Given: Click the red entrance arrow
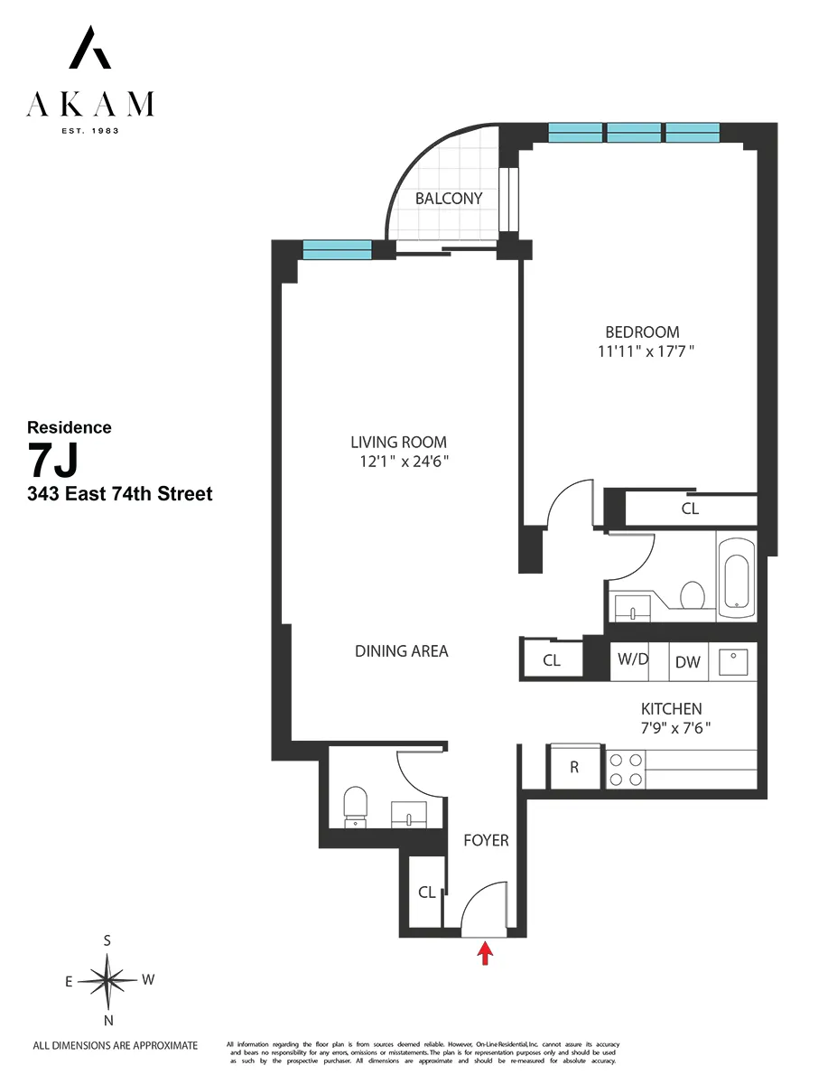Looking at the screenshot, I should pyautogui.click(x=486, y=953).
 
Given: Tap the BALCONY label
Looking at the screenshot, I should pyautogui.click(x=449, y=199).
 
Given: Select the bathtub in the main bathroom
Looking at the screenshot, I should pyautogui.click(x=738, y=577).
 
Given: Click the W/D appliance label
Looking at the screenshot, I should pyautogui.click(x=633, y=659).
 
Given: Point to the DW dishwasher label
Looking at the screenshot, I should pyautogui.click(x=688, y=662).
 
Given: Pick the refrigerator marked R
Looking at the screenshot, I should pyautogui.click(x=574, y=768).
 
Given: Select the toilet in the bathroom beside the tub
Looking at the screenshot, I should pyautogui.click(x=692, y=595).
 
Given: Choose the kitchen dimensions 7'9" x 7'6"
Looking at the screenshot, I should pyautogui.click(x=671, y=727).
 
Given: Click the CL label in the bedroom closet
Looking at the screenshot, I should pyautogui.click(x=690, y=509).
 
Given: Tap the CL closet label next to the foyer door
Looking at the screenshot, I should pyautogui.click(x=427, y=892).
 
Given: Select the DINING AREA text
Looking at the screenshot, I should pyautogui.click(x=401, y=650).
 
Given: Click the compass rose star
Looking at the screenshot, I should pyautogui.click(x=107, y=980).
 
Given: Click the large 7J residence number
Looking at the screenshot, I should pyautogui.click(x=53, y=462).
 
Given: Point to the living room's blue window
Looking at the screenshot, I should pyautogui.click(x=337, y=250).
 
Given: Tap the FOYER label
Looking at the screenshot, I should pyautogui.click(x=486, y=840).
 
